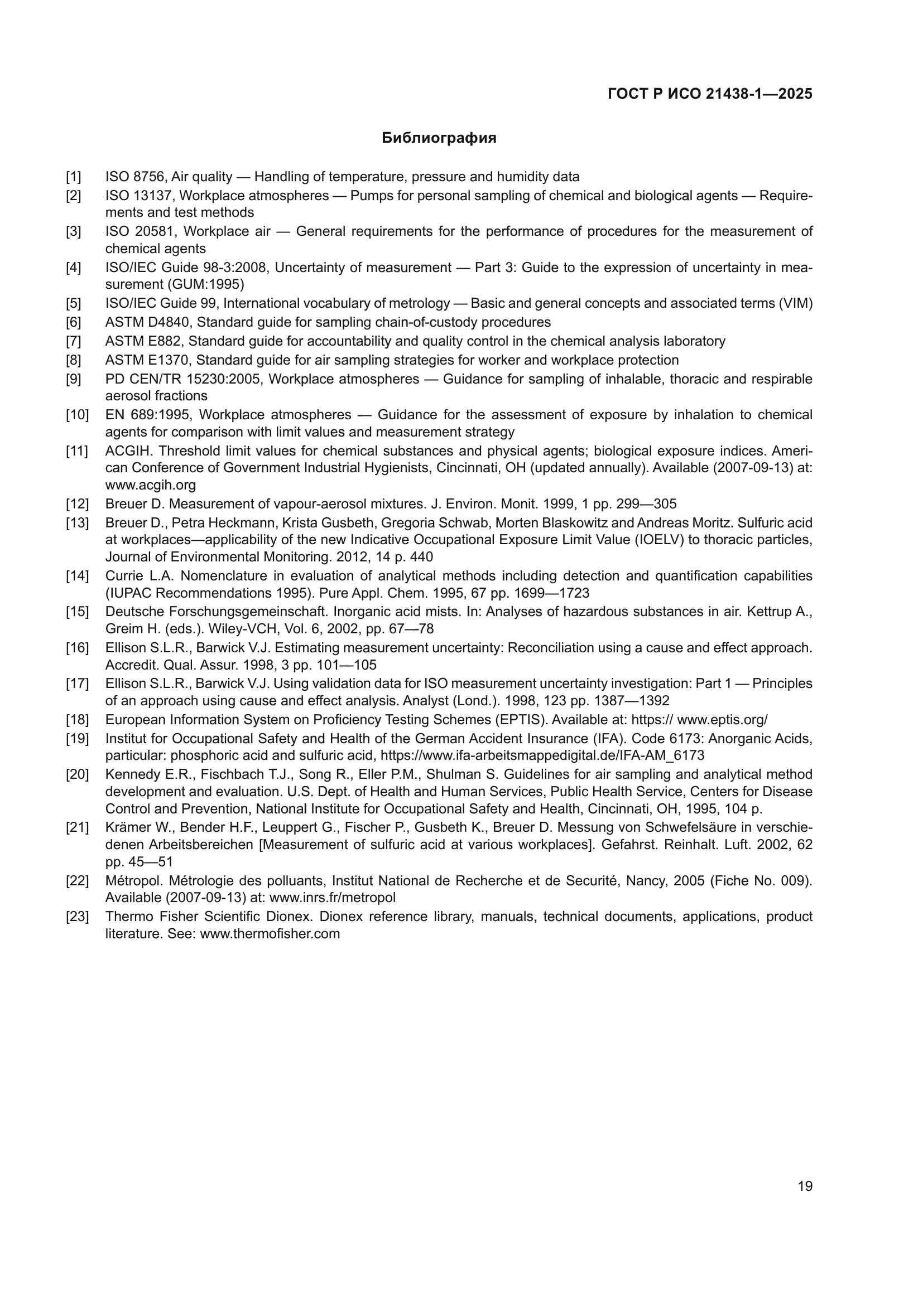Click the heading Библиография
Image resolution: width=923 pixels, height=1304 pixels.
[439, 138]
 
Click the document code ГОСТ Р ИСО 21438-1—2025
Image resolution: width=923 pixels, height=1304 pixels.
[710, 94]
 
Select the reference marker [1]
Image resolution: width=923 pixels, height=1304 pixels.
[73, 177]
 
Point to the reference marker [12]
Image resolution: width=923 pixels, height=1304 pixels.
[78, 504]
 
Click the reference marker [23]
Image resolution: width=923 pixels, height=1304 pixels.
[78, 917]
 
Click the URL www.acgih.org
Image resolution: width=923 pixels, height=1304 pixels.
[151, 485]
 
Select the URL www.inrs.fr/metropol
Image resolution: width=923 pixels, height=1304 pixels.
[333, 898]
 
